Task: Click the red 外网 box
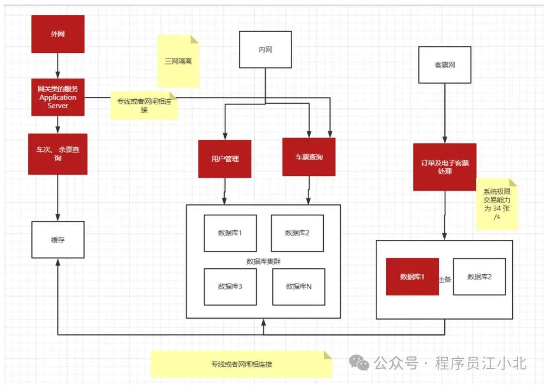point(58,34)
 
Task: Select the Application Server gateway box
point(58,97)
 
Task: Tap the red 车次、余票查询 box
point(58,154)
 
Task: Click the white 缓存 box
point(58,239)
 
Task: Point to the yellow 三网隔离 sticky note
point(178,61)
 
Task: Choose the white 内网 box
point(265,49)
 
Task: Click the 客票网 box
point(445,65)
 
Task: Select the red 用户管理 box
point(225,159)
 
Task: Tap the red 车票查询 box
point(309,157)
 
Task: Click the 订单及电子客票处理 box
point(445,167)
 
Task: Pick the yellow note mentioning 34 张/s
point(497,204)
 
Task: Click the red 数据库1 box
point(413,277)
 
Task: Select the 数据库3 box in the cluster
point(230,286)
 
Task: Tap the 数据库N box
point(299,286)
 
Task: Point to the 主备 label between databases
point(445,279)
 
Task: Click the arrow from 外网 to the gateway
point(58,66)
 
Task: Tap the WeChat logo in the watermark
point(360,362)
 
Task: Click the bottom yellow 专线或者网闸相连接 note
point(242,364)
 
